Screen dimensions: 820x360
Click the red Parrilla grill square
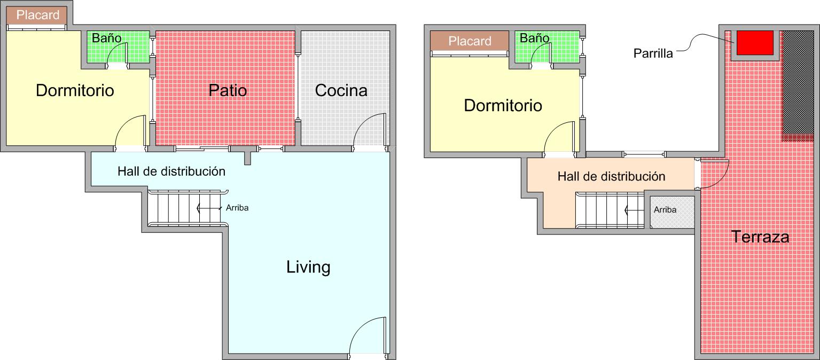point(755,43)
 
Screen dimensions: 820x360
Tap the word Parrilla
point(653,53)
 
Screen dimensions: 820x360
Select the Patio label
point(228,90)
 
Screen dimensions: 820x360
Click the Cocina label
point(341,90)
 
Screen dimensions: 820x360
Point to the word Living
point(308,267)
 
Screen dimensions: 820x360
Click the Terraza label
point(760,237)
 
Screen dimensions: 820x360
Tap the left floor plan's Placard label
point(38,15)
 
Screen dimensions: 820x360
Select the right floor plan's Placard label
point(470,41)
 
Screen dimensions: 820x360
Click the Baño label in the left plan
point(106,38)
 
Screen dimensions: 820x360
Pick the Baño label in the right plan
point(534,38)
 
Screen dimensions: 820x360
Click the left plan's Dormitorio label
point(75,90)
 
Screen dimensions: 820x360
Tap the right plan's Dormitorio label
point(503,105)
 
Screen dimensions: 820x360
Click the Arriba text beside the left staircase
point(237,208)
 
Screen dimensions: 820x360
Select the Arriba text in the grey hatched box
point(665,209)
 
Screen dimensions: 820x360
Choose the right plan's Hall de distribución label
point(611,176)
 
